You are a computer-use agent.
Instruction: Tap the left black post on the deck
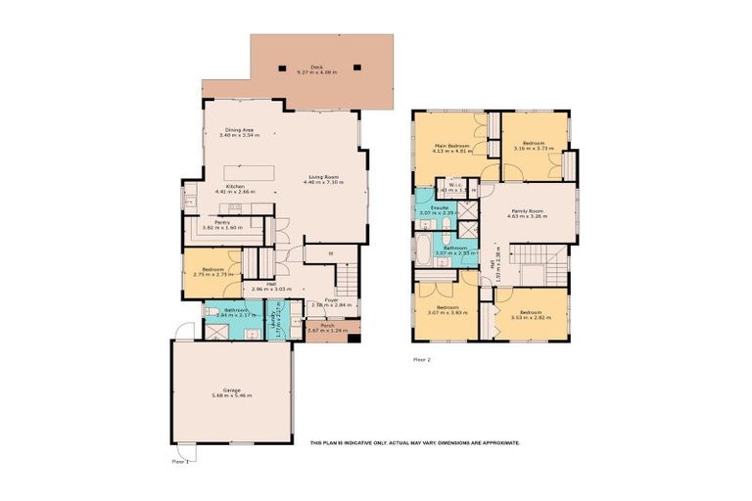(x=285, y=68)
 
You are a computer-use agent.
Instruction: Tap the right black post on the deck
(x=357, y=68)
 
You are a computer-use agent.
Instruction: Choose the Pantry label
(x=222, y=222)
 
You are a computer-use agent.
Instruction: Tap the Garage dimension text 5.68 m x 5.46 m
(x=231, y=395)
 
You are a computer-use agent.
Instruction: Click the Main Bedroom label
(x=451, y=146)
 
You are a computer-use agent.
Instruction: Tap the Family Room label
(x=528, y=210)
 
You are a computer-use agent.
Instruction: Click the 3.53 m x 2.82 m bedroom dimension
(x=529, y=317)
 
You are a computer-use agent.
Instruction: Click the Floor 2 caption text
(x=422, y=359)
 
